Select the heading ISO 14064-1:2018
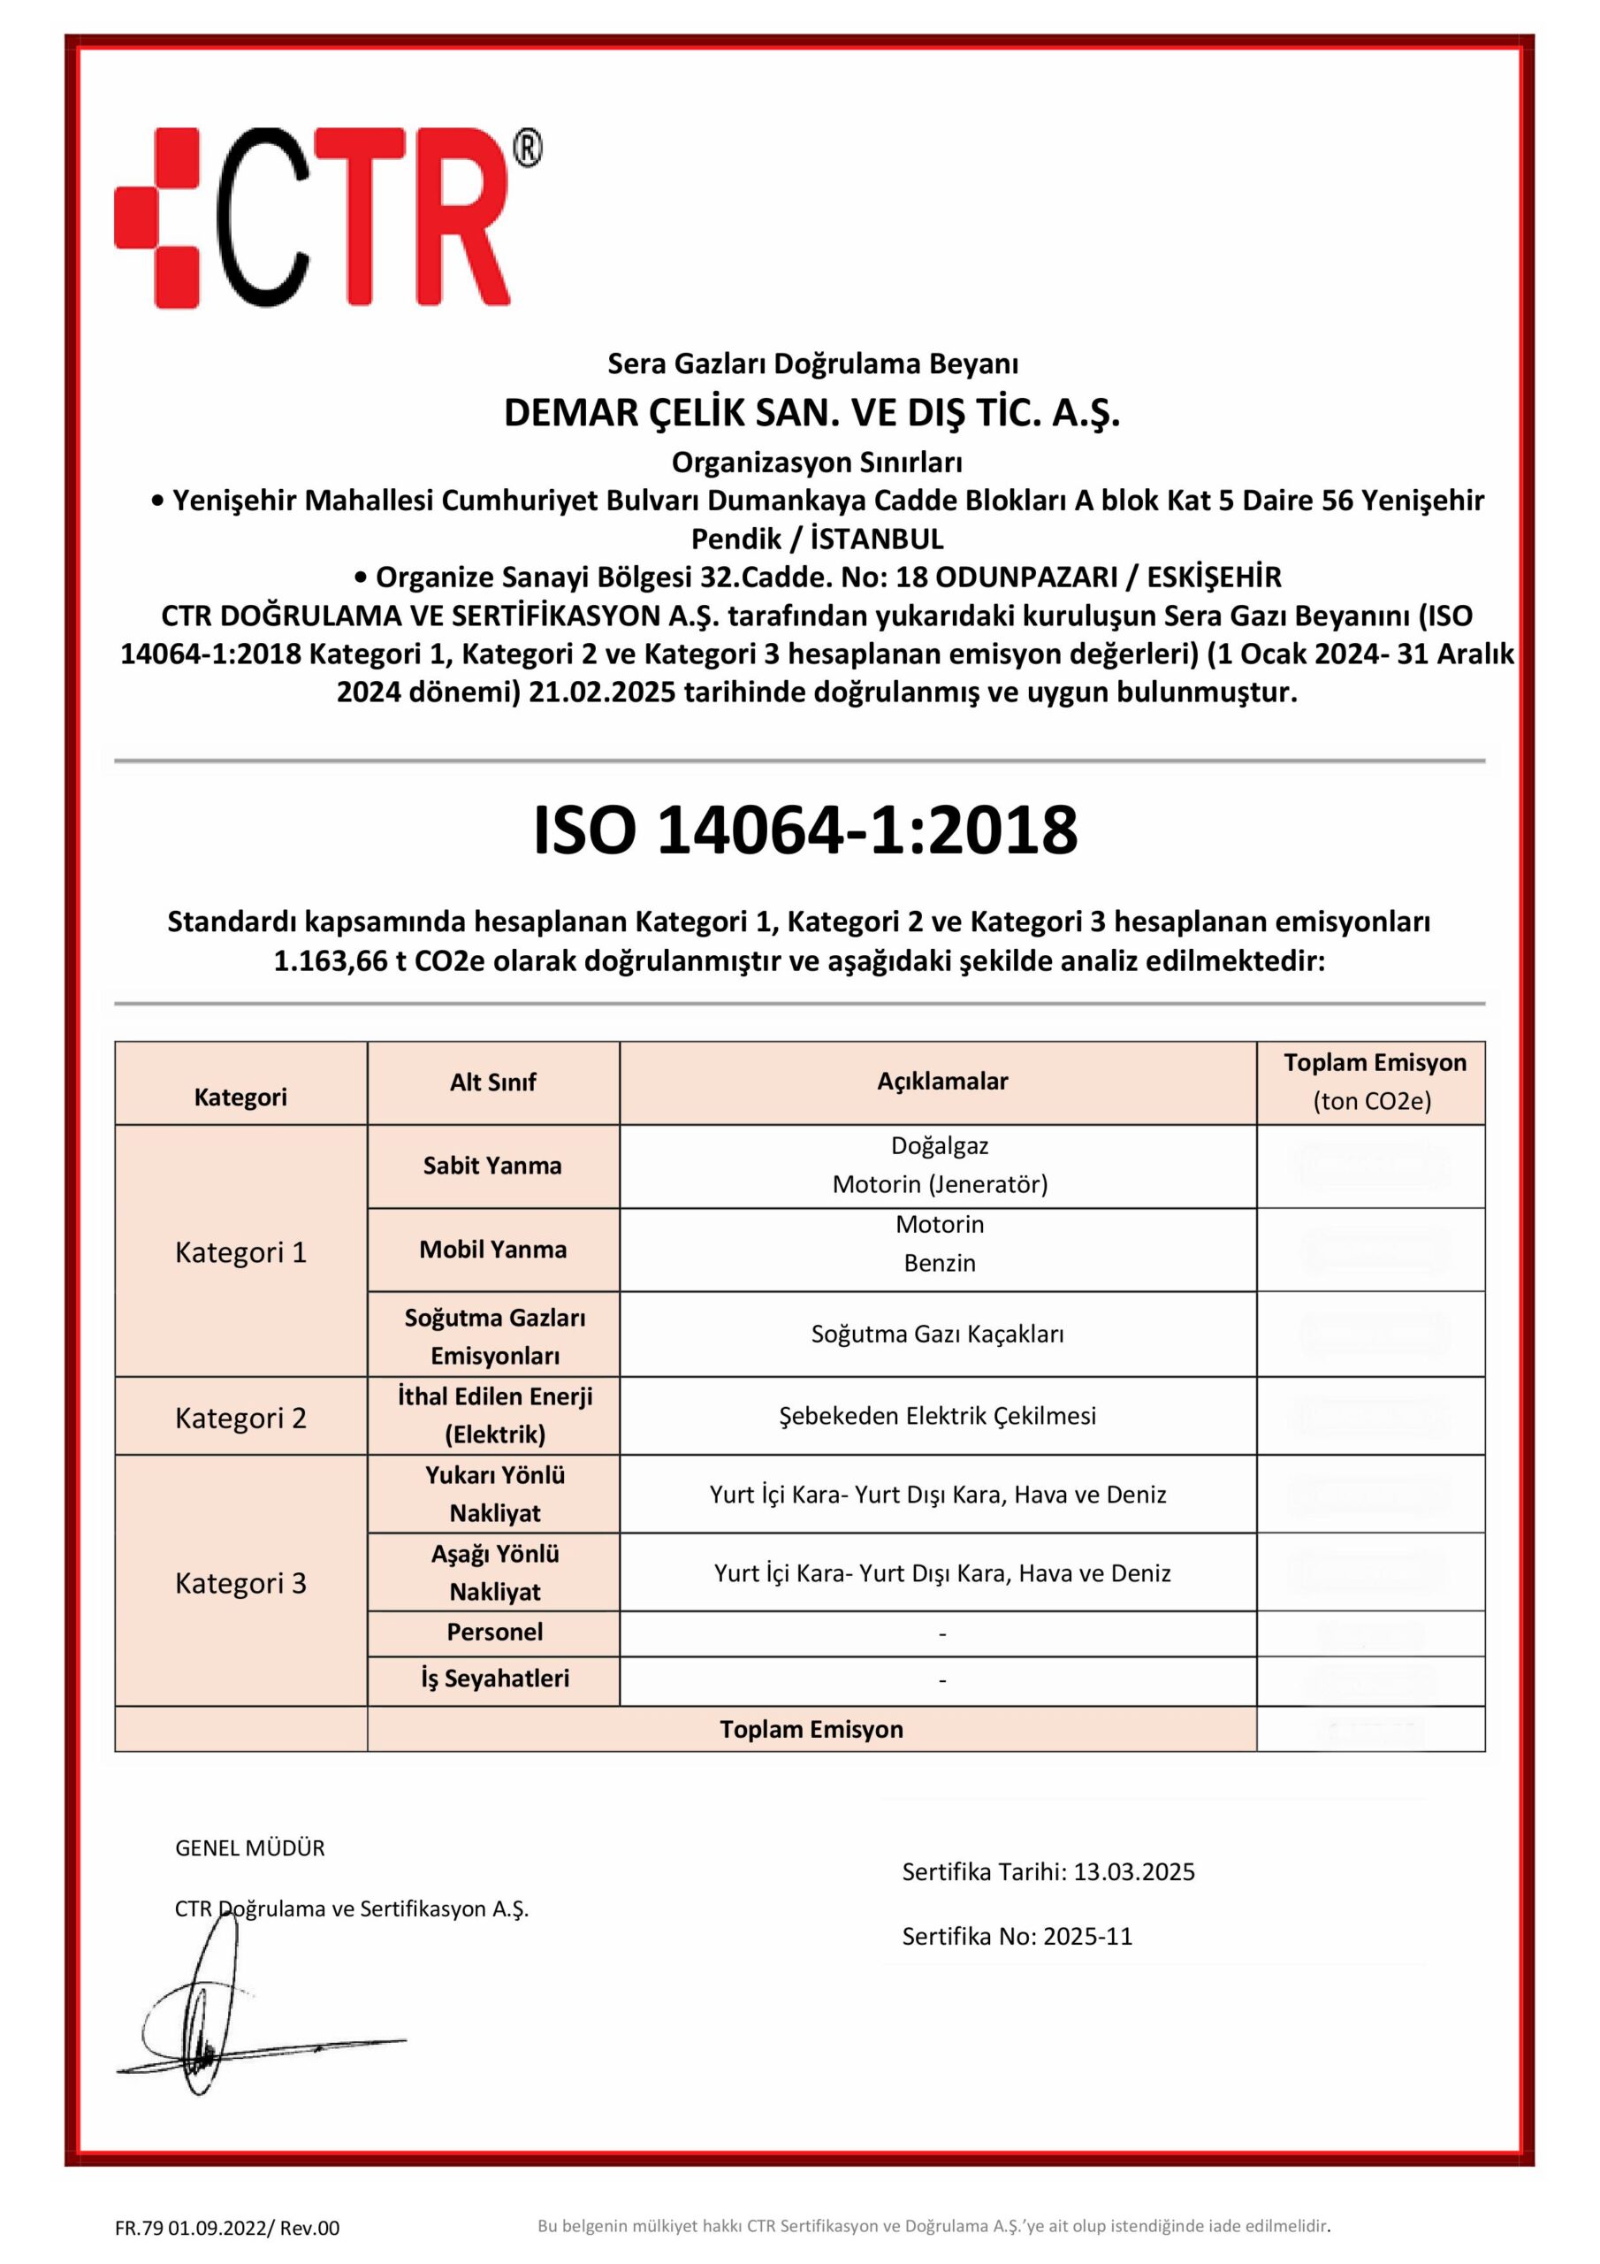pyautogui.click(x=804, y=830)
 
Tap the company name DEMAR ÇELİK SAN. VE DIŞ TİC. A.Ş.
pyautogui.click(x=811, y=414)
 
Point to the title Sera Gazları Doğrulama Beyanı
pyautogui.click(x=812, y=363)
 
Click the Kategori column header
pyautogui.click(x=240, y=1098)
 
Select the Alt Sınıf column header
pyautogui.click(x=493, y=1082)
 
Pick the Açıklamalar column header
pyautogui.click(x=941, y=1081)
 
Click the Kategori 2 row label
pyautogui.click(x=240, y=1418)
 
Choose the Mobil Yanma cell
pyautogui.click(x=493, y=1250)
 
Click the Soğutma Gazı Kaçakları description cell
pyautogui.click(x=938, y=1335)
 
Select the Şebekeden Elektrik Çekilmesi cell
pyautogui.click(x=938, y=1416)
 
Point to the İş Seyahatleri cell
pyautogui.click(x=495, y=1679)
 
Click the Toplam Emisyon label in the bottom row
pyautogui.click(x=811, y=1730)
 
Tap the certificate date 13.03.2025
pyautogui.click(x=1134, y=1871)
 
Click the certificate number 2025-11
pyautogui.click(x=1087, y=1936)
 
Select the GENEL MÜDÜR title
pyautogui.click(x=249, y=1847)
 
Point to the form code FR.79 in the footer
pyautogui.click(x=139, y=2228)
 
